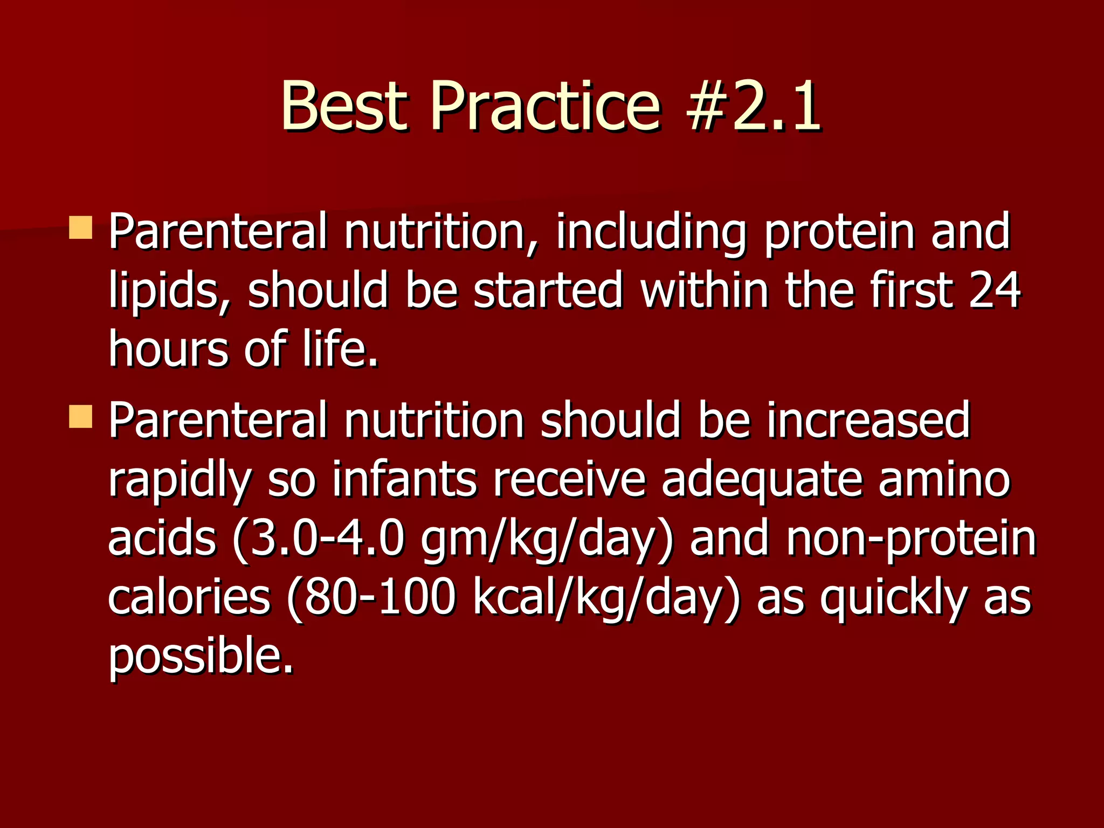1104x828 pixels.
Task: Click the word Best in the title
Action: (343, 106)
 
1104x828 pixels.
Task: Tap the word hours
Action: (168, 349)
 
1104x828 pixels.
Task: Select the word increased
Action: (868, 420)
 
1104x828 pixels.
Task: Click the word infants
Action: (404, 479)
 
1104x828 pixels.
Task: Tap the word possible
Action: (201, 658)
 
